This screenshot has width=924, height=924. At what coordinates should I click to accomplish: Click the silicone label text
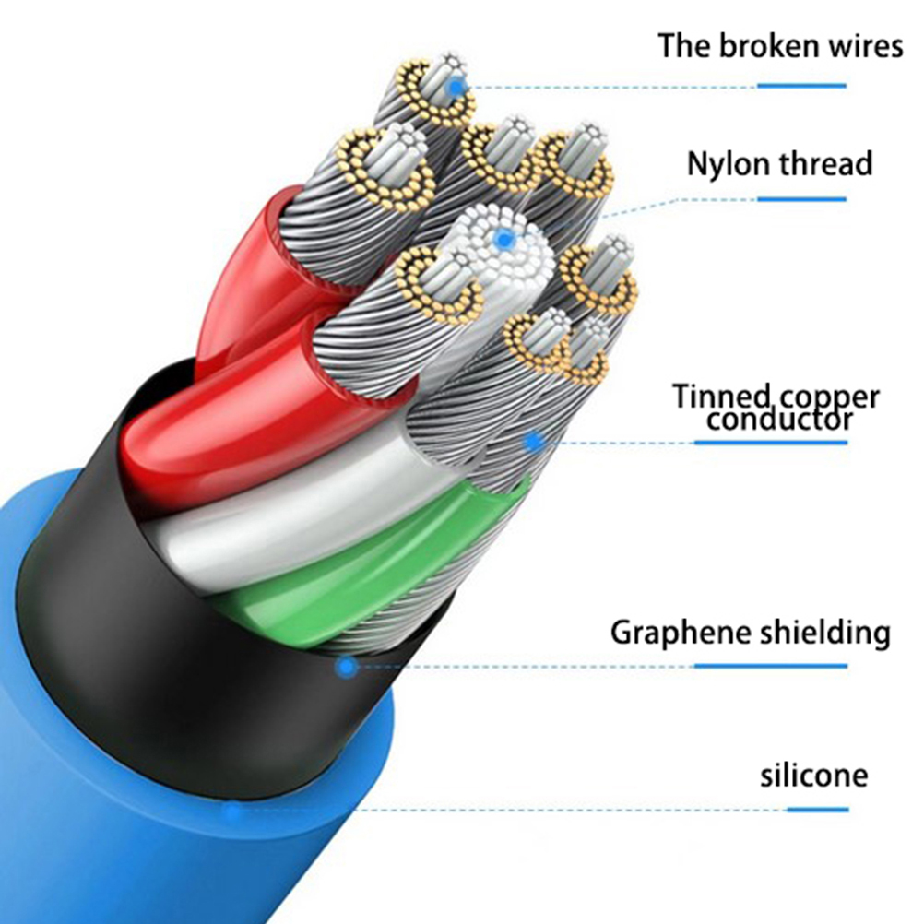click(x=813, y=774)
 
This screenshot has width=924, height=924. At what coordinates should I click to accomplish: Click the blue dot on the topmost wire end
click(x=455, y=87)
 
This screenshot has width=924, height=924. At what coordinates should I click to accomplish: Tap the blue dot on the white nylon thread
click(x=503, y=241)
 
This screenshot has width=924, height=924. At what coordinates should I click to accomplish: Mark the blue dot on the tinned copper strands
click(x=532, y=442)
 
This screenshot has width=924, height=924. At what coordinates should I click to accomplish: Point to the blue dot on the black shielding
click(x=346, y=665)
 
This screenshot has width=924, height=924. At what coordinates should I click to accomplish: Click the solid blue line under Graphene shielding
click(x=770, y=665)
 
